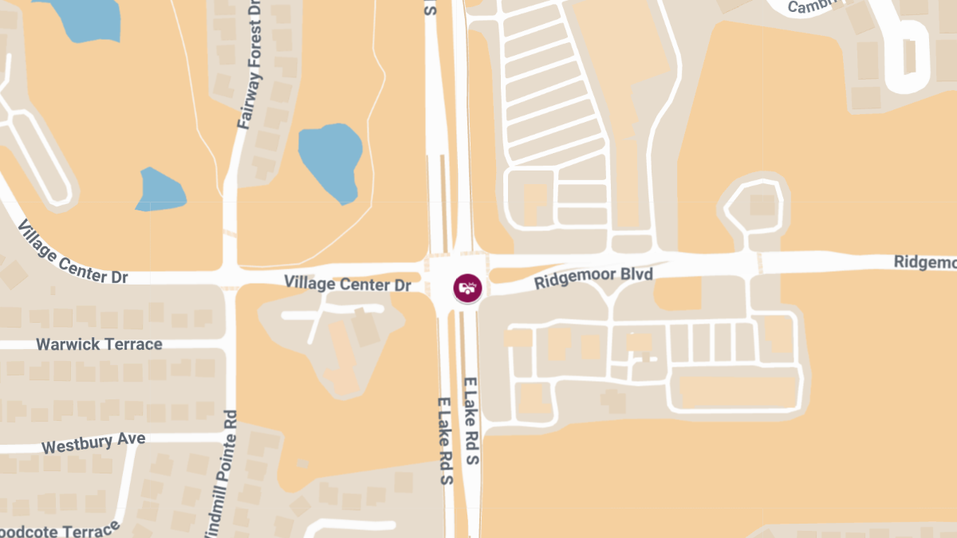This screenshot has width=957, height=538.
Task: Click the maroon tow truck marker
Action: tap(467, 288)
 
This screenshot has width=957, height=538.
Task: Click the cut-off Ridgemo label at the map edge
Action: tap(925, 262)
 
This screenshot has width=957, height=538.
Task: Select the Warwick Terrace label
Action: tap(100, 344)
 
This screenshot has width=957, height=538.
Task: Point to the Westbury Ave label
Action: tap(93, 442)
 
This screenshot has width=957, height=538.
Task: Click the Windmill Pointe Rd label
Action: tap(222, 474)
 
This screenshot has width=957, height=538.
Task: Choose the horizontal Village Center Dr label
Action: tap(348, 283)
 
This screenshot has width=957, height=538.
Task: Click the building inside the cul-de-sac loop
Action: tap(762, 205)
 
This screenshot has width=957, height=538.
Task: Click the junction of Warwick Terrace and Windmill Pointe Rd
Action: tap(230, 344)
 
